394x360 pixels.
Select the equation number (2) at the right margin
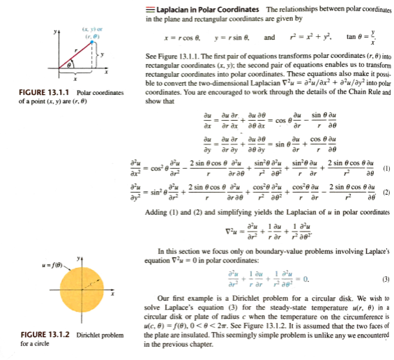[385, 191]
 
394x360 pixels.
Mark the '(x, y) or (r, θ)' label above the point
[94, 28]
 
